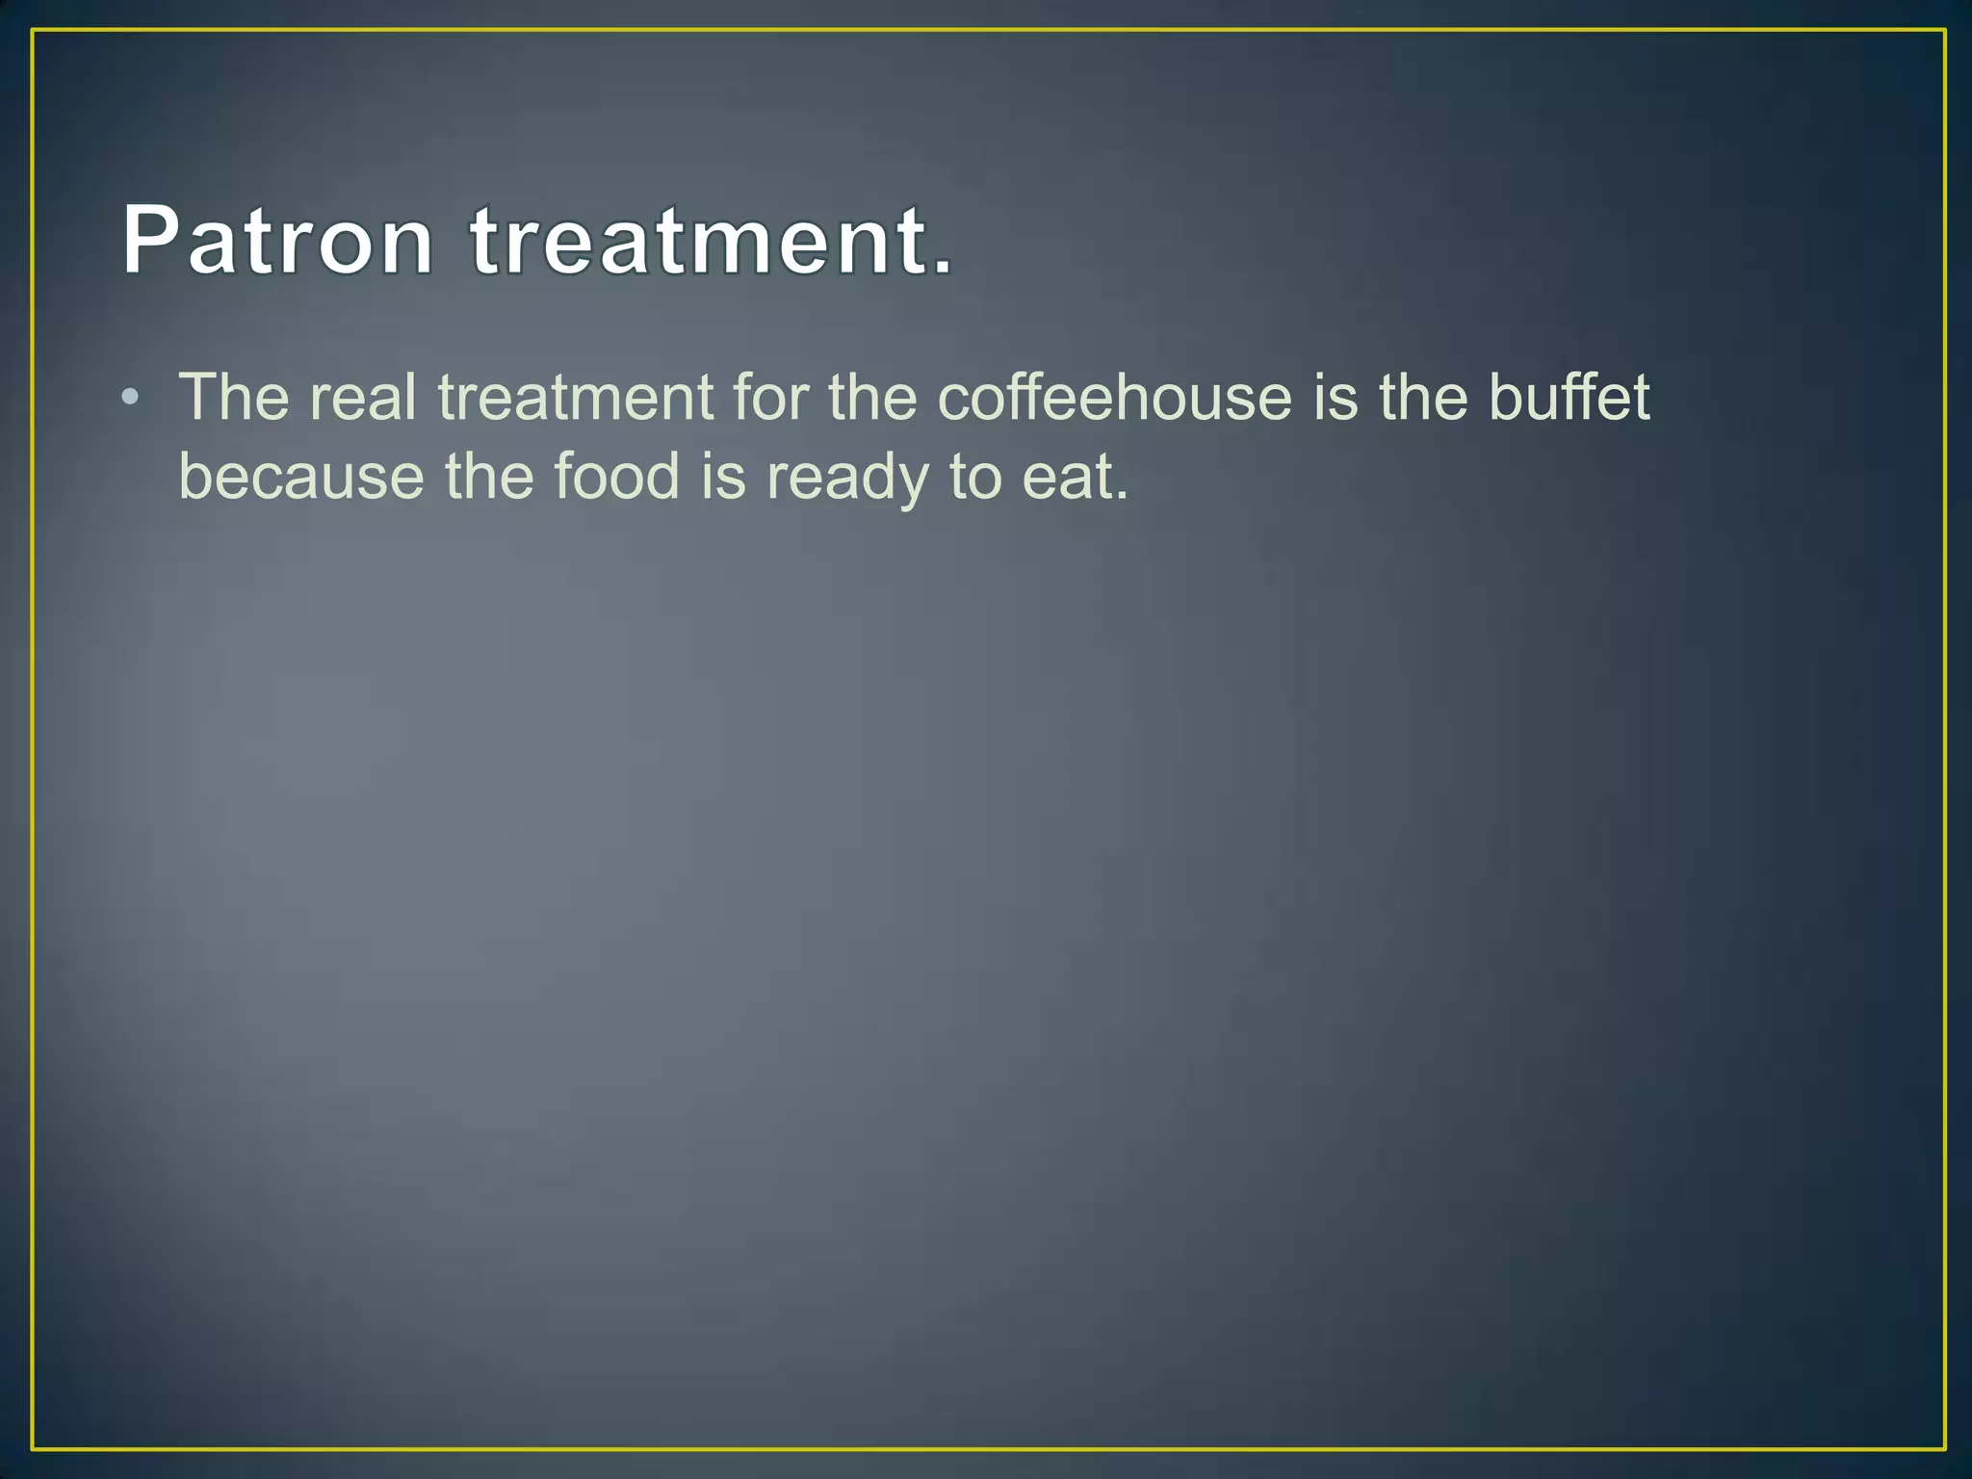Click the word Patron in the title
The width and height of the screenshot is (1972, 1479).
(277, 240)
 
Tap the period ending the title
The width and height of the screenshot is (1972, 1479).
(942, 266)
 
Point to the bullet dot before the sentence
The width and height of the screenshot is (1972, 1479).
(131, 398)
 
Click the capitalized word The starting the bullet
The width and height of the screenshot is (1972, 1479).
(234, 397)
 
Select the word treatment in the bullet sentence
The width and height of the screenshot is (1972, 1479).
(576, 397)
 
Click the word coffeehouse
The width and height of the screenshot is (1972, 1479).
(1114, 397)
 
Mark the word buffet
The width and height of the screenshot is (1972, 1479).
(1570, 397)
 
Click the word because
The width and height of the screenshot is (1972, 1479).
(301, 477)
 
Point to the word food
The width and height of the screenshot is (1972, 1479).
(617, 477)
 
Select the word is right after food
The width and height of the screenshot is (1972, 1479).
(724, 477)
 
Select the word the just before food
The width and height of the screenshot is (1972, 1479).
(489, 477)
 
